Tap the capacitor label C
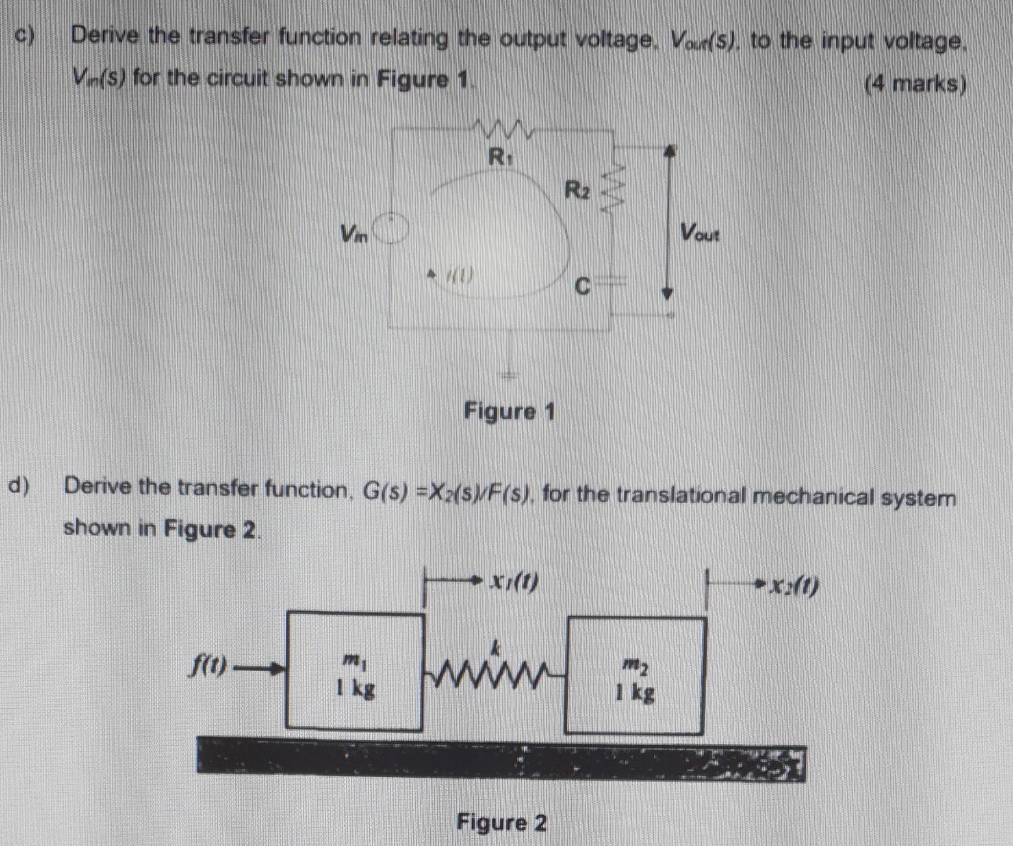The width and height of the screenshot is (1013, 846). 581,287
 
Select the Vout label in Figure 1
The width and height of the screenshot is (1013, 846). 699,233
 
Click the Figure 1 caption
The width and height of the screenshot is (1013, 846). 509,410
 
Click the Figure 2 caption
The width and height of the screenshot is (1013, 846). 502,822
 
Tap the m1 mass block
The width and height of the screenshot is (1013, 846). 355,672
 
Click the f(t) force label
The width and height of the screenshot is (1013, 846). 210,667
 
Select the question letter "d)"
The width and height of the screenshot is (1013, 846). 18,486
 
